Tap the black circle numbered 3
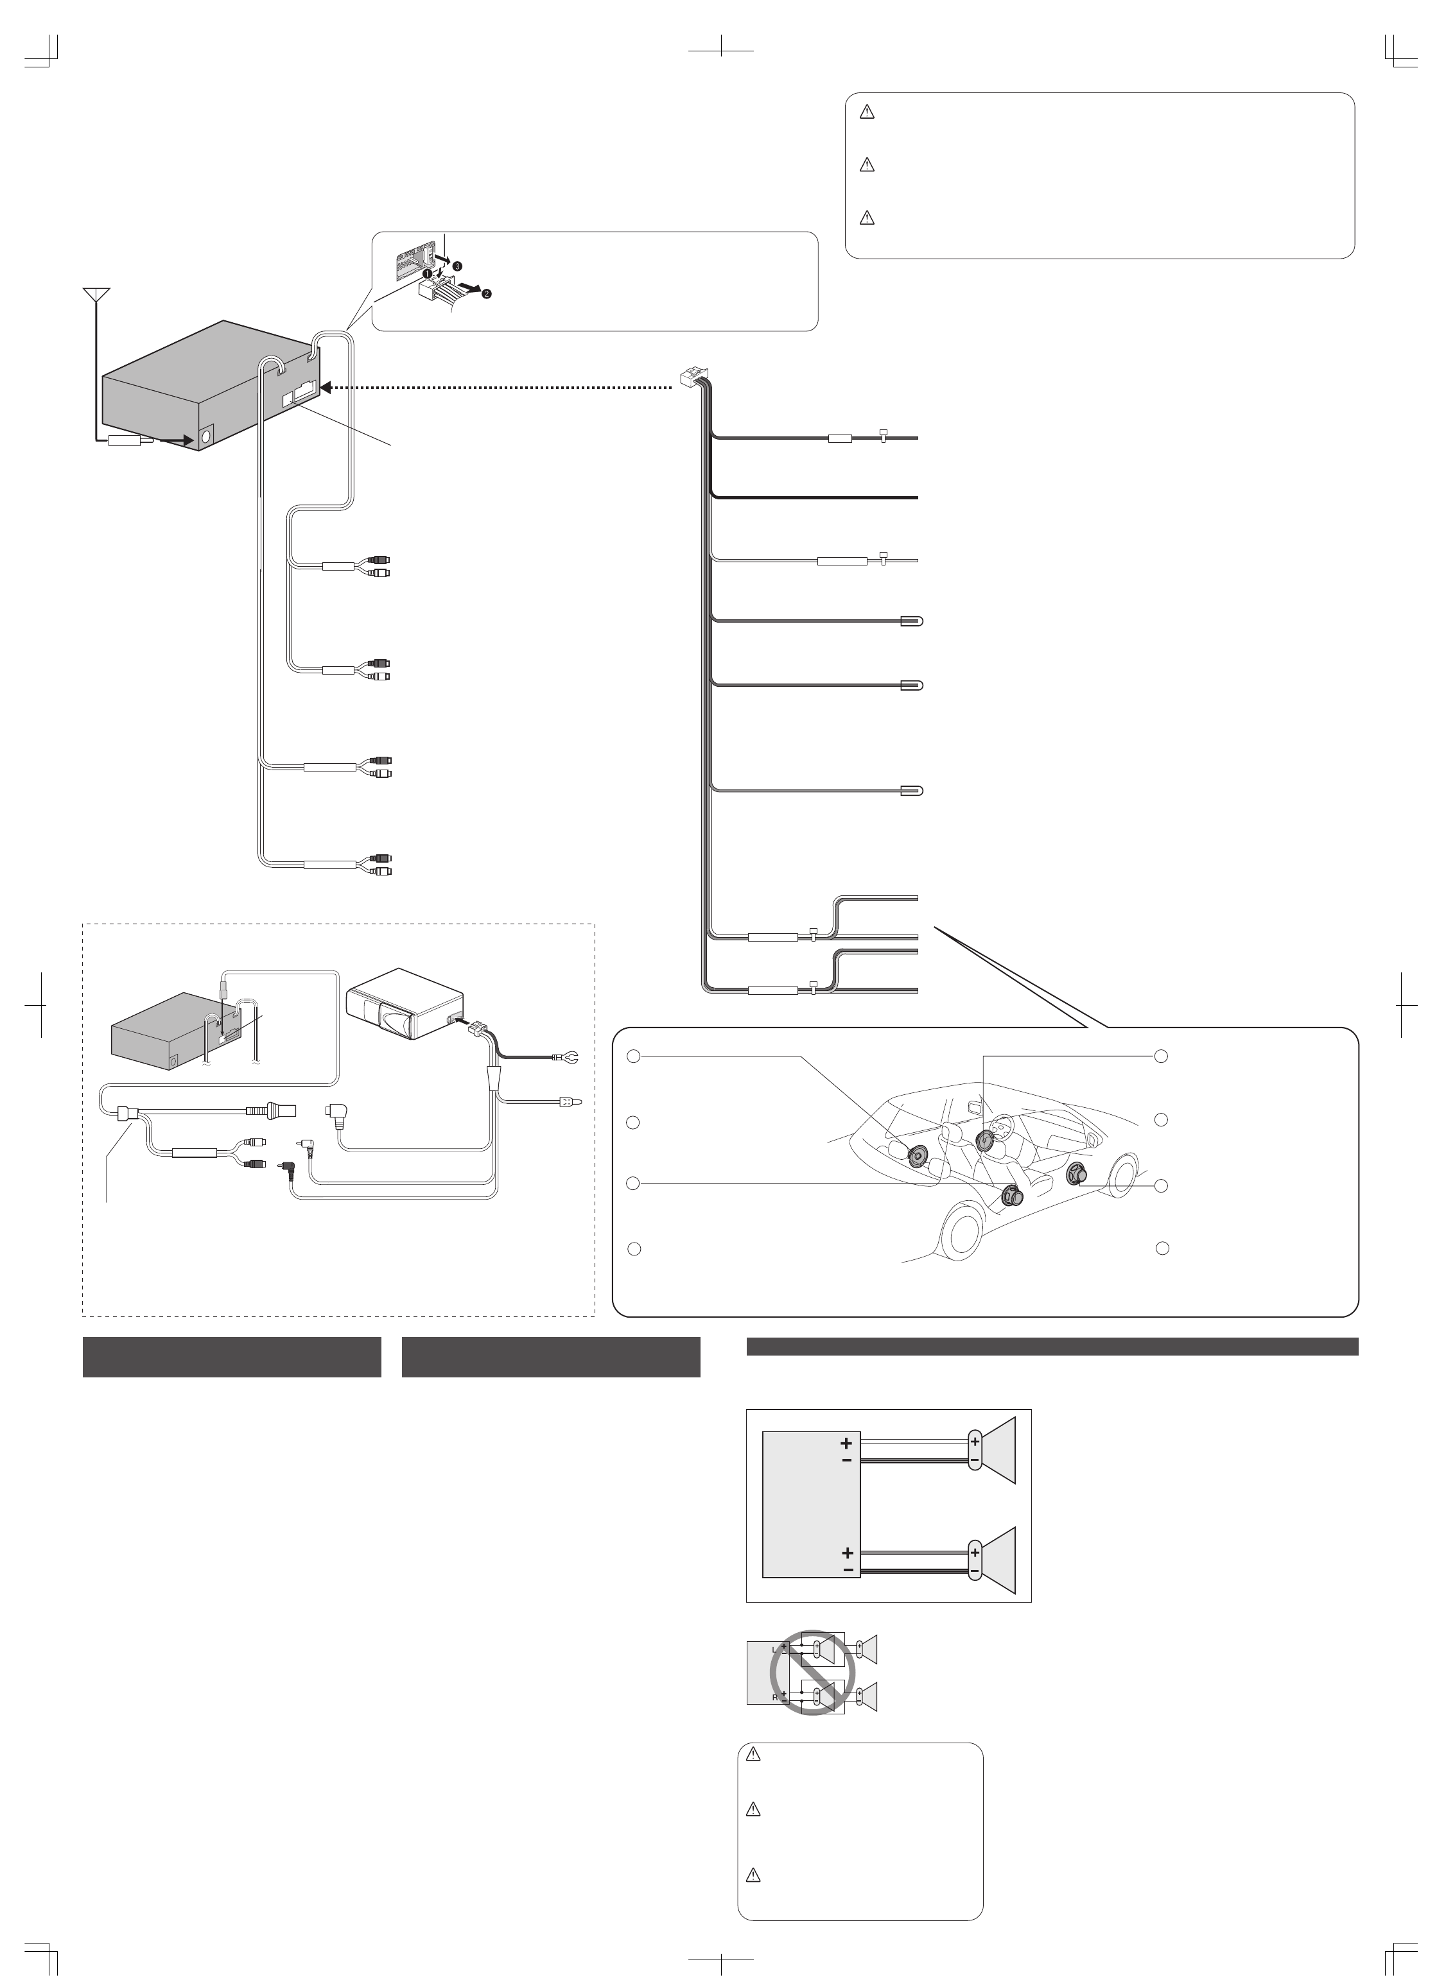[458, 265]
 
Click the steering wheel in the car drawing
[1004, 1130]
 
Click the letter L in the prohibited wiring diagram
[775, 1649]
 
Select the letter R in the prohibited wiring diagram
[775, 1697]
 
